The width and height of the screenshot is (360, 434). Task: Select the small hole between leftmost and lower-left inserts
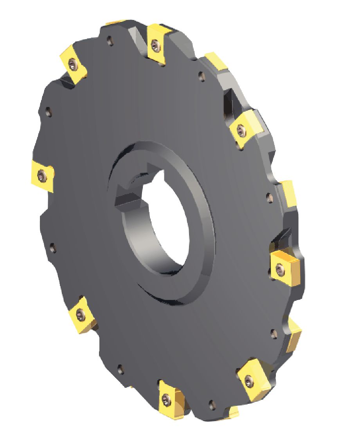53,248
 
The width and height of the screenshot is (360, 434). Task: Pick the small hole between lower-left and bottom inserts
121,369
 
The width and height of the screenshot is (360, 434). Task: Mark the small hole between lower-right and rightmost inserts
274,334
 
